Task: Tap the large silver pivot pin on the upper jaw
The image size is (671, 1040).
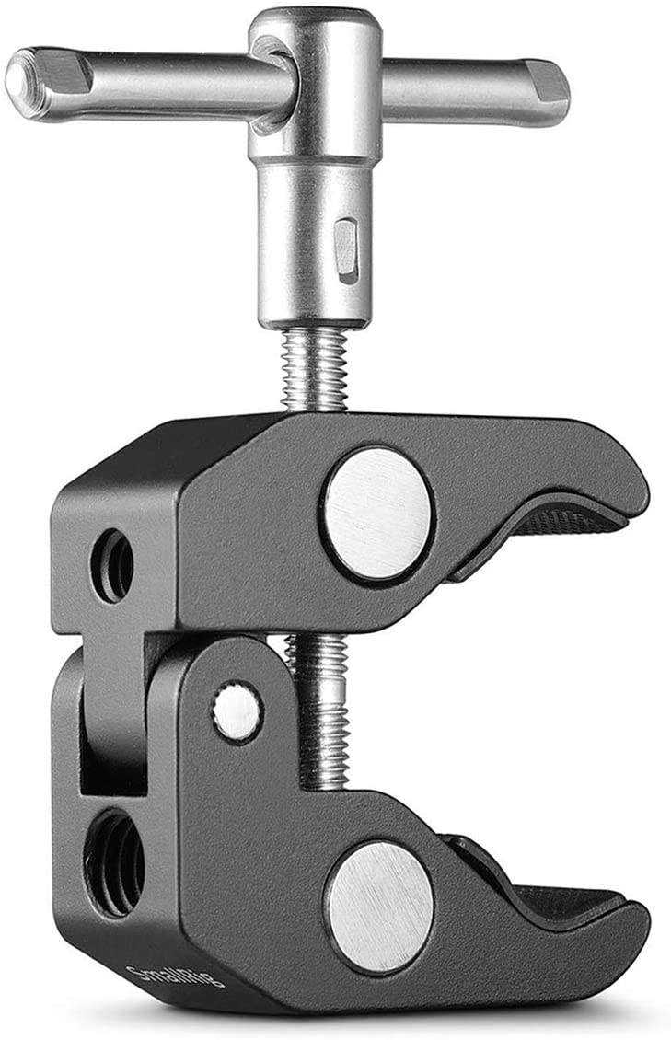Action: [x=376, y=512]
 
